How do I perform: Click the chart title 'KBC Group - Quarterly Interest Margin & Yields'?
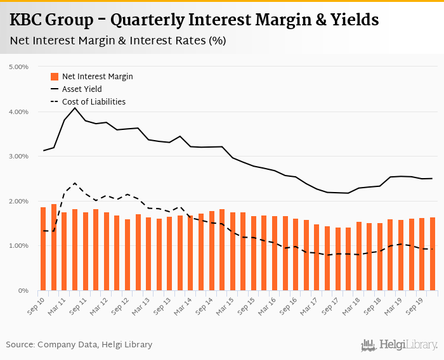[194, 20]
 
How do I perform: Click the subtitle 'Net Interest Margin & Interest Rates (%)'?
[118, 41]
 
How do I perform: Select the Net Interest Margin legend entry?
[97, 77]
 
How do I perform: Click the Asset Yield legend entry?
[81, 89]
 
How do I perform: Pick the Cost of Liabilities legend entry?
[93, 102]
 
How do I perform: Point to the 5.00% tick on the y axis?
[19, 67]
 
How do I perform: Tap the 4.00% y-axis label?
[19, 112]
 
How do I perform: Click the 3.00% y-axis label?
[19, 156]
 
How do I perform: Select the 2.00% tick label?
[19, 201]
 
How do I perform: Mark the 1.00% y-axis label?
[19, 245]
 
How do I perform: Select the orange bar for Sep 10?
[43, 248]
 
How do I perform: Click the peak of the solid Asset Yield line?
[75, 108]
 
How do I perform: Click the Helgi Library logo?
[400, 345]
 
